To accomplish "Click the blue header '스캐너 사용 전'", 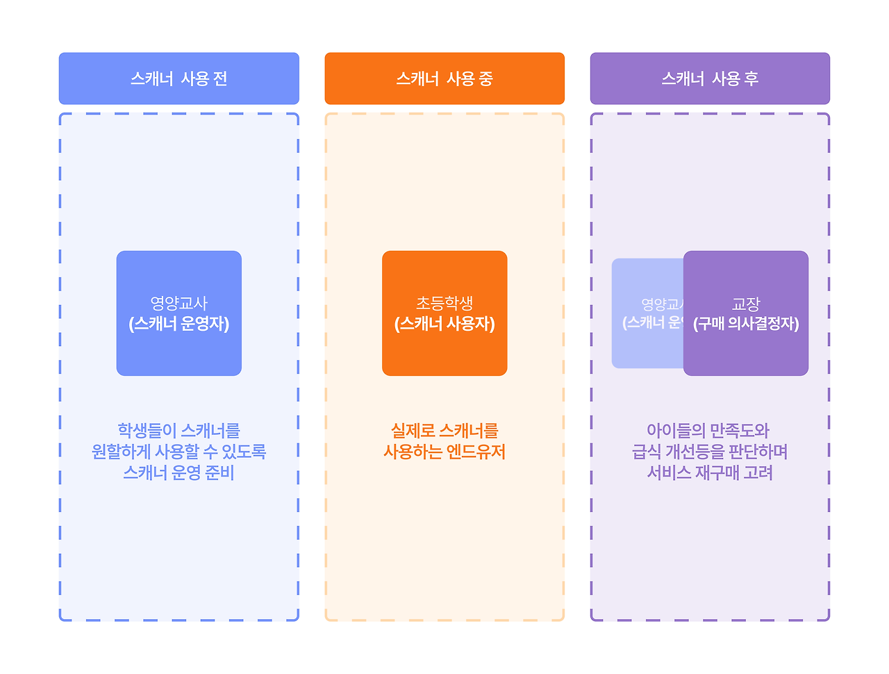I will (178, 79).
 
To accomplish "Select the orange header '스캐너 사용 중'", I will (444, 79).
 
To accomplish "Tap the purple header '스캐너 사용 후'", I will (710, 79).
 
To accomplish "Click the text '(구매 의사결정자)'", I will (746, 324).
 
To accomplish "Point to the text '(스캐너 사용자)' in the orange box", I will (444, 324).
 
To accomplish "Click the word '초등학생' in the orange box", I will (444, 303).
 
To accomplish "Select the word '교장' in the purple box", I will (746, 304).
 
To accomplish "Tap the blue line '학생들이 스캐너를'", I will (178, 431).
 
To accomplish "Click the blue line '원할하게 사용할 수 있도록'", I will (178, 452).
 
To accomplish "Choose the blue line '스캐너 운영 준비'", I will (178, 472).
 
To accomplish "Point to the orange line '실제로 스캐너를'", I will (444, 431).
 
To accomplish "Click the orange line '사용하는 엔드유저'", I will (444, 452).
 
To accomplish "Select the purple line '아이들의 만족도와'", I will (708, 431).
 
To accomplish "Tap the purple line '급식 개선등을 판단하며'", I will (710, 452).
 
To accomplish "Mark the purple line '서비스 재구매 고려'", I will (710, 472).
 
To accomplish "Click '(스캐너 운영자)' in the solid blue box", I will (178, 324).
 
